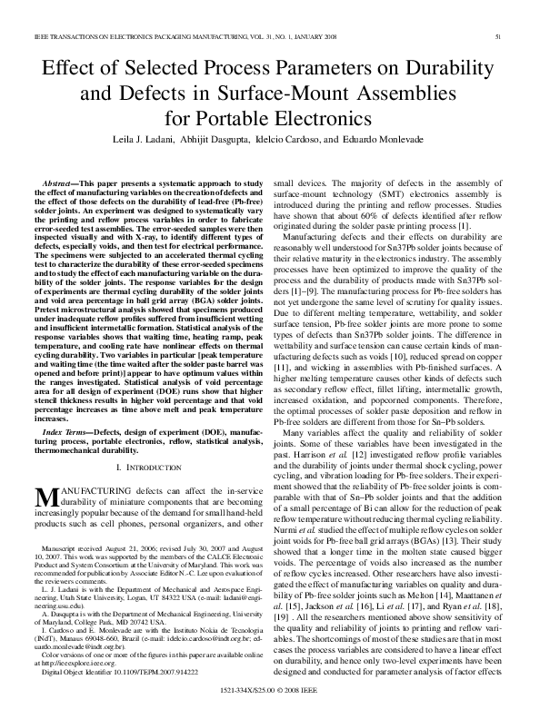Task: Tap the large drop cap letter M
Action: pyautogui.click(x=45, y=495)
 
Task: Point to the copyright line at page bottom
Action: pyautogui.click(x=270, y=692)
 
